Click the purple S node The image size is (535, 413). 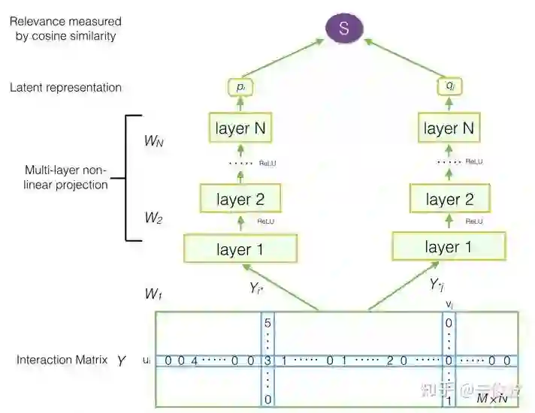point(344,29)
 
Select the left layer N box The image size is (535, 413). point(240,128)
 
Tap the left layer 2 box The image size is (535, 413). point(240,200)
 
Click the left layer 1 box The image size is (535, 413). point(240,249)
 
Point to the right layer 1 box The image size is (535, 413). point(448,247)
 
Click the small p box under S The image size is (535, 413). point(240,88)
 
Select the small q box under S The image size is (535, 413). point(449,88)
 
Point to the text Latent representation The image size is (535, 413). point(65,87)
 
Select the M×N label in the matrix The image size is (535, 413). point(492,397)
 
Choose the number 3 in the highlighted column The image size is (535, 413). point(268,361)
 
